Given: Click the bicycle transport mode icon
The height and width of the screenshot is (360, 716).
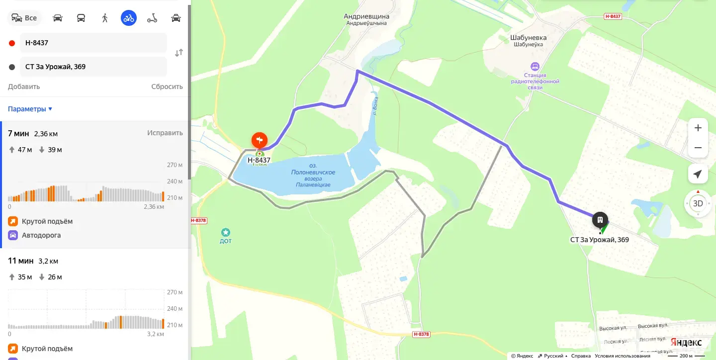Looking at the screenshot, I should (129, 18).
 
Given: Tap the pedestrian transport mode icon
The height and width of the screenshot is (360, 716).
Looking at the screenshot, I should (104, 18).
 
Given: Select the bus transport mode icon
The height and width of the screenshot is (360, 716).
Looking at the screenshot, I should (81, 18).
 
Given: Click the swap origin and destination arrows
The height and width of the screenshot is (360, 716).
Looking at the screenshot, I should (179, 53).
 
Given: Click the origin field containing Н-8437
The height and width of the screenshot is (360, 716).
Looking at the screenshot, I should (93, 43).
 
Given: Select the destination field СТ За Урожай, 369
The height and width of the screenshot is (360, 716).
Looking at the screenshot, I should (93, 67).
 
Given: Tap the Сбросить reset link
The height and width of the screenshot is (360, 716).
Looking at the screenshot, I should (167, 87).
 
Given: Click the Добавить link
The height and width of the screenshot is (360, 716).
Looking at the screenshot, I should (24, 87).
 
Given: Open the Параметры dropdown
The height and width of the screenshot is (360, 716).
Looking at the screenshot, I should (30, 109).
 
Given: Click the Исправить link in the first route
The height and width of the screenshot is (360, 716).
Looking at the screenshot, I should (165, 133).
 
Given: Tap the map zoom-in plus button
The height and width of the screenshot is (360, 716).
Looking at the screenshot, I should (698, 128).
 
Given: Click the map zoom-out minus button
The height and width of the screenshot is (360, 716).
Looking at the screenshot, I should (698, 148).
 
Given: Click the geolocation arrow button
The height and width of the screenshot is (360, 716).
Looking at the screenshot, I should (698, 174).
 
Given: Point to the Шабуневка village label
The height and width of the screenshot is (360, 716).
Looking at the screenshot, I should (528, 37).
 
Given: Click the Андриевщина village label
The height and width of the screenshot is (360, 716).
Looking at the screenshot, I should (366, 16).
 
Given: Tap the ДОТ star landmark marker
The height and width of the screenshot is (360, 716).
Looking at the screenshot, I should (226, 232).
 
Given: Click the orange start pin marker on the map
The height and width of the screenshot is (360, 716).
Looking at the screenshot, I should (260, 140).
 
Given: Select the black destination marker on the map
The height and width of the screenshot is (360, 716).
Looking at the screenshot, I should (600, 219).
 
